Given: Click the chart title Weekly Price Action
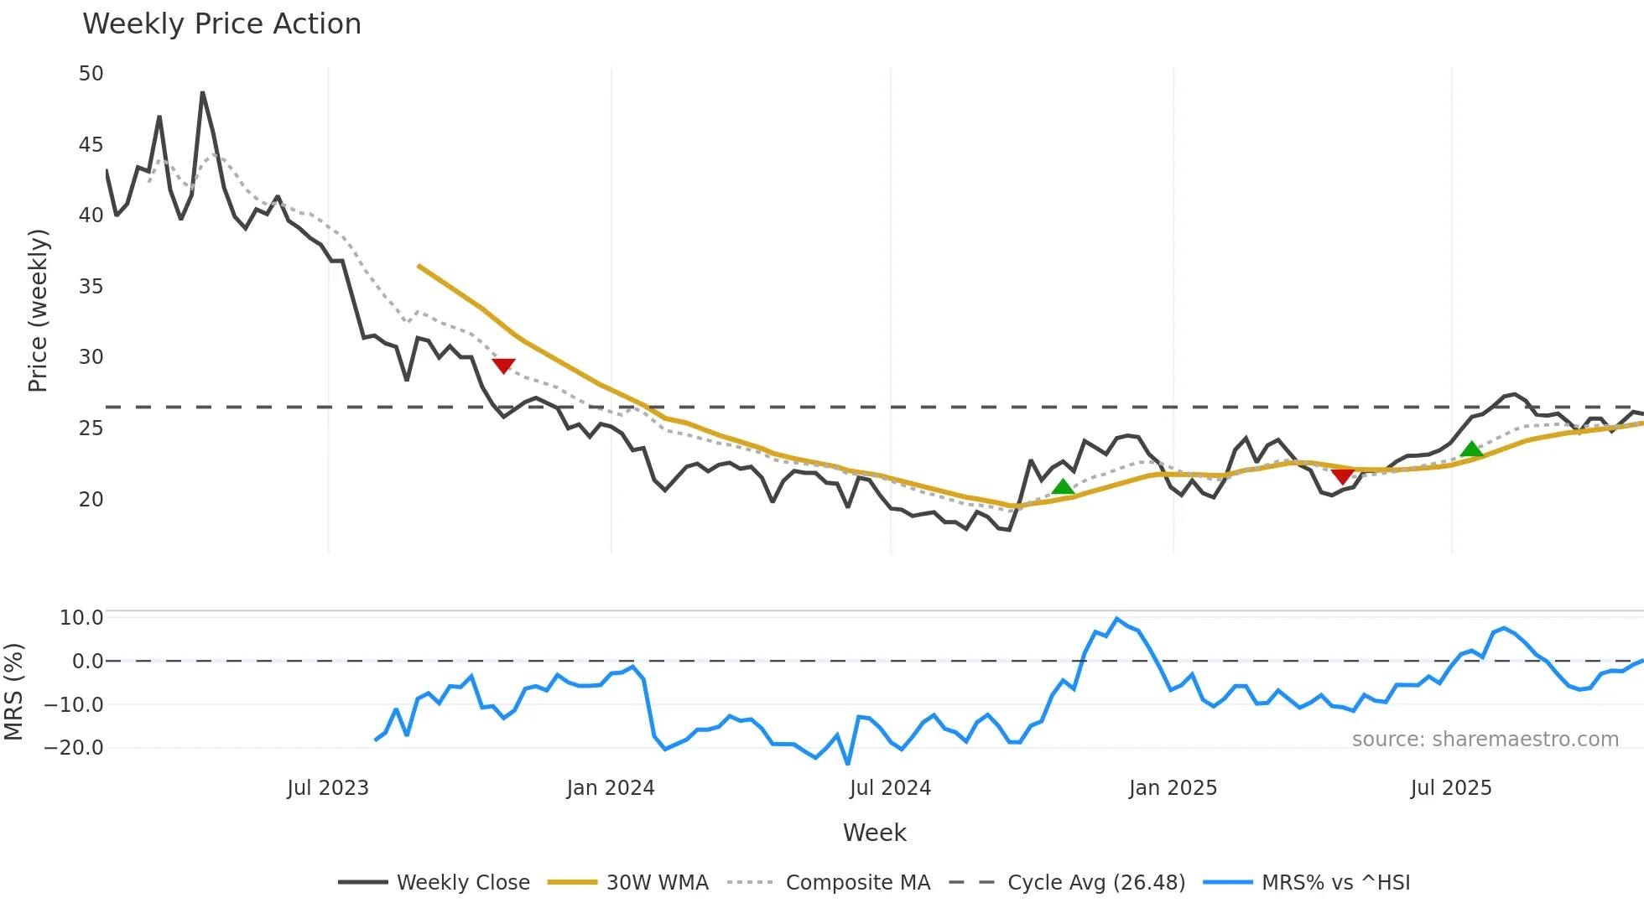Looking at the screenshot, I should tap(221, 24).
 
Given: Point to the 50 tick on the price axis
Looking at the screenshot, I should tap(91, 74).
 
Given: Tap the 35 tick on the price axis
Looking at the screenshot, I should tap(91, 287).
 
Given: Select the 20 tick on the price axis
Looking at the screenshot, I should tap(91, 500).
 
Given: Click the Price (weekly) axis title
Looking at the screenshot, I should tap(38, 310).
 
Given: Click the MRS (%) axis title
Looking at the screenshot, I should tap(13, 692).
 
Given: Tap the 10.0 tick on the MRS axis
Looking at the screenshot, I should tap(81, 618).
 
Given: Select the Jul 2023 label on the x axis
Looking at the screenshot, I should tap(327, 788).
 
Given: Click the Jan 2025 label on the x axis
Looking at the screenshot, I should tap(1172, 788).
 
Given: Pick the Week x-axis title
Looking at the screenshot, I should tap(874, 833).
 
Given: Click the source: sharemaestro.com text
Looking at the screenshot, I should tap(1485, 740).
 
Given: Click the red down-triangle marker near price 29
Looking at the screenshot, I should tap(503, 366).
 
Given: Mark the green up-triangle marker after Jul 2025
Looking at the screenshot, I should tap(1471, 449).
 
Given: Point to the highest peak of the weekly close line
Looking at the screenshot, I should tap(202, 92).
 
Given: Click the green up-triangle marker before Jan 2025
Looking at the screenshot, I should tap(1063, 486).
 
